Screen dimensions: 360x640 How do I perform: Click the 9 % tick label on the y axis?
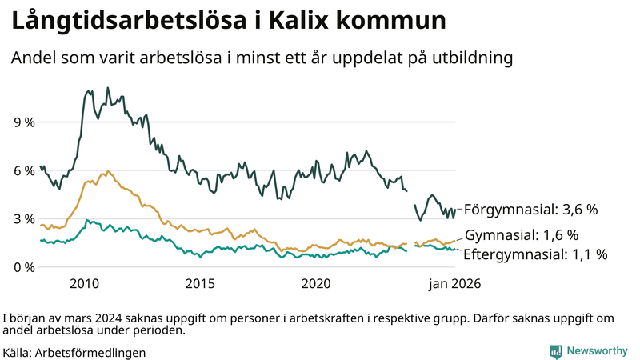click(23, 122)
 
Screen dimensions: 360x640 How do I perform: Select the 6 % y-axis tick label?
click(23, 170)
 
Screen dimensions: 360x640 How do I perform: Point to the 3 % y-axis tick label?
click(23, 218)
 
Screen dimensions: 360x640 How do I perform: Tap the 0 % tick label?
click(23, 266)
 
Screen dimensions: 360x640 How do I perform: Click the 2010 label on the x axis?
click(84, 284)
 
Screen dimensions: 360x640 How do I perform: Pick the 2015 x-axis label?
click(200, 284)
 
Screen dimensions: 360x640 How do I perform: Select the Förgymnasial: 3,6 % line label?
click(531, 210)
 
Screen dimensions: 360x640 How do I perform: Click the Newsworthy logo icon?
click(555, 351)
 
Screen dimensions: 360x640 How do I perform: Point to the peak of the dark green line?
click(87, 91)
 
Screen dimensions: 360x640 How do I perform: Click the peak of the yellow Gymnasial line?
click(107, 171)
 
